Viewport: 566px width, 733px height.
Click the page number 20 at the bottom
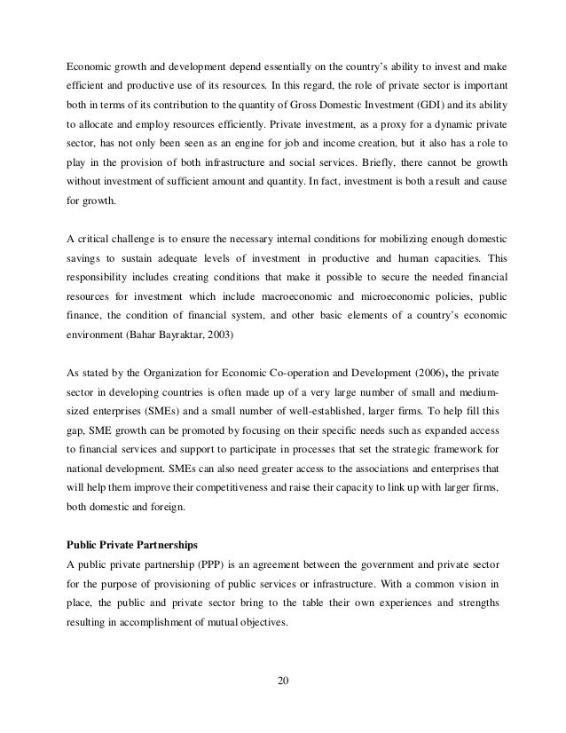[283, 682]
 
